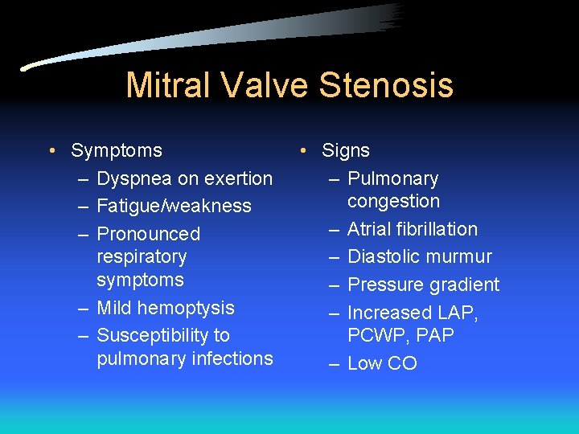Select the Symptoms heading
[x=117, y=150]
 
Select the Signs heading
[x=346, y=150]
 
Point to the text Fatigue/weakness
[x=174, y=206]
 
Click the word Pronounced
[x=148, y=234]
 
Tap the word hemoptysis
[x=187, y=308]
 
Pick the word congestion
[x=393, y=201]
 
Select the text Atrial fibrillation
[x=412, y=229]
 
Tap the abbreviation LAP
[x=457, y=313]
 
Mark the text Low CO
[x=382, y=363]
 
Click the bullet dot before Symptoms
[x=51, y=151]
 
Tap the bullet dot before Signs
[x=302, y=151]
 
